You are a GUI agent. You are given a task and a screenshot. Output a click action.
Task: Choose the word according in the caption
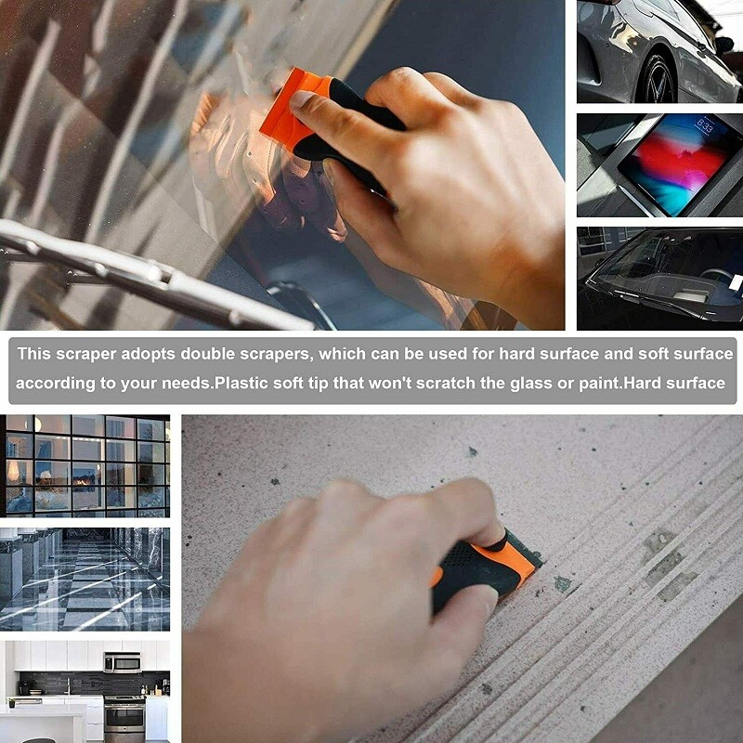(52, 383)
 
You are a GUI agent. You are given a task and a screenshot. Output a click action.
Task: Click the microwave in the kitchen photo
(122, 662)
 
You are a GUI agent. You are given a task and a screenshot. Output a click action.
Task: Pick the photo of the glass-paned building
(85, 465)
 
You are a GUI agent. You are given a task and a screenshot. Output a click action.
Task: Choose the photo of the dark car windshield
(659, 278)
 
